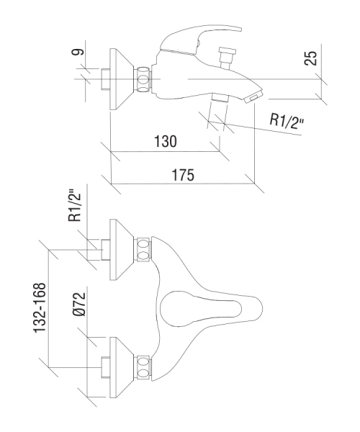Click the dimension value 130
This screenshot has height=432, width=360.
[166, 142]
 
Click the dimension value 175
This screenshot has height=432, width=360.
[183, 175]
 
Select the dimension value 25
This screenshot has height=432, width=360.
[311, 58]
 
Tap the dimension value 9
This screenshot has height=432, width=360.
[77, 52]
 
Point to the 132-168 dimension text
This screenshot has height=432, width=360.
[39, 307]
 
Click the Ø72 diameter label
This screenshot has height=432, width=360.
[80, 304]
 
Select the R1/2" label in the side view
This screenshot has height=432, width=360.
[287, 121]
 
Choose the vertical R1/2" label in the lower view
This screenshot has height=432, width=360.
[75, 205]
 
